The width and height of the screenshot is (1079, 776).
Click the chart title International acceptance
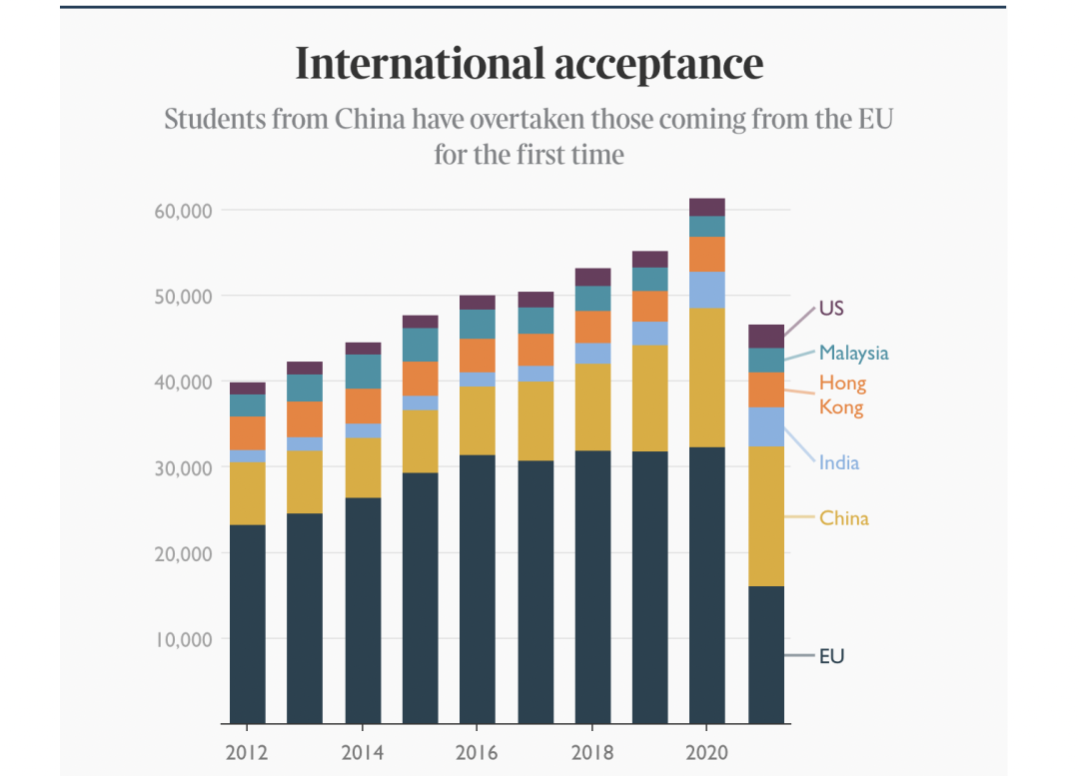(529, 64)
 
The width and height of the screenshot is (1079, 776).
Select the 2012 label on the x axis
(247, 752)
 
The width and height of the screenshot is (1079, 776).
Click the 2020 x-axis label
(707, 752)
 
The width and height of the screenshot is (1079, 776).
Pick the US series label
(831, 308)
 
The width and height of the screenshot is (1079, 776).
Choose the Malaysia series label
(853, 353)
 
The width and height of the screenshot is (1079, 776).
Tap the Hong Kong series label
(842, 394)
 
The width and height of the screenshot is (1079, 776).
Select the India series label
(839, 462)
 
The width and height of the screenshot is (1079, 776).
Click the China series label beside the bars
(844, 518)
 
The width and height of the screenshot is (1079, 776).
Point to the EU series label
(831, 656)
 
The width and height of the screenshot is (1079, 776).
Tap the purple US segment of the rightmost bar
(766, 336)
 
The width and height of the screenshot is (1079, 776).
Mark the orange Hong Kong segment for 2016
(478, 356)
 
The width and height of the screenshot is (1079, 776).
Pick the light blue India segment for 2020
(707, 290)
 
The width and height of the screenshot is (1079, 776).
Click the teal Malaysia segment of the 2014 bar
(363, 372)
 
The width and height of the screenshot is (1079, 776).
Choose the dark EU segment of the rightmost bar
(766, 654)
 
